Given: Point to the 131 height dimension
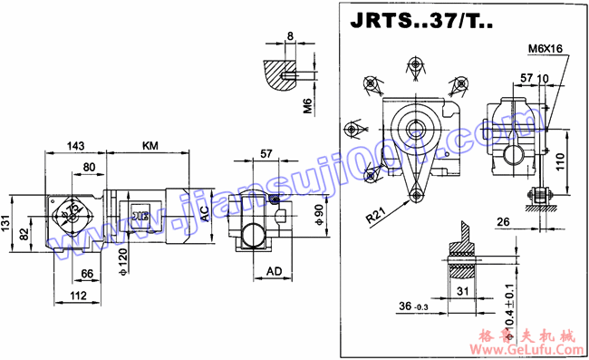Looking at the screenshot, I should tap(7, 223).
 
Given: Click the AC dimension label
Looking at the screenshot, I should tap(205, 214).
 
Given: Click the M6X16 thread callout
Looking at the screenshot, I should tap(544, 49).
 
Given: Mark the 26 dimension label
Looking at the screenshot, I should tap(503, 220).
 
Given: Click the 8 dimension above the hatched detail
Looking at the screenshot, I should tap(289, 35).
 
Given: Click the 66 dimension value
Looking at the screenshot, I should tap(87, 273).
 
